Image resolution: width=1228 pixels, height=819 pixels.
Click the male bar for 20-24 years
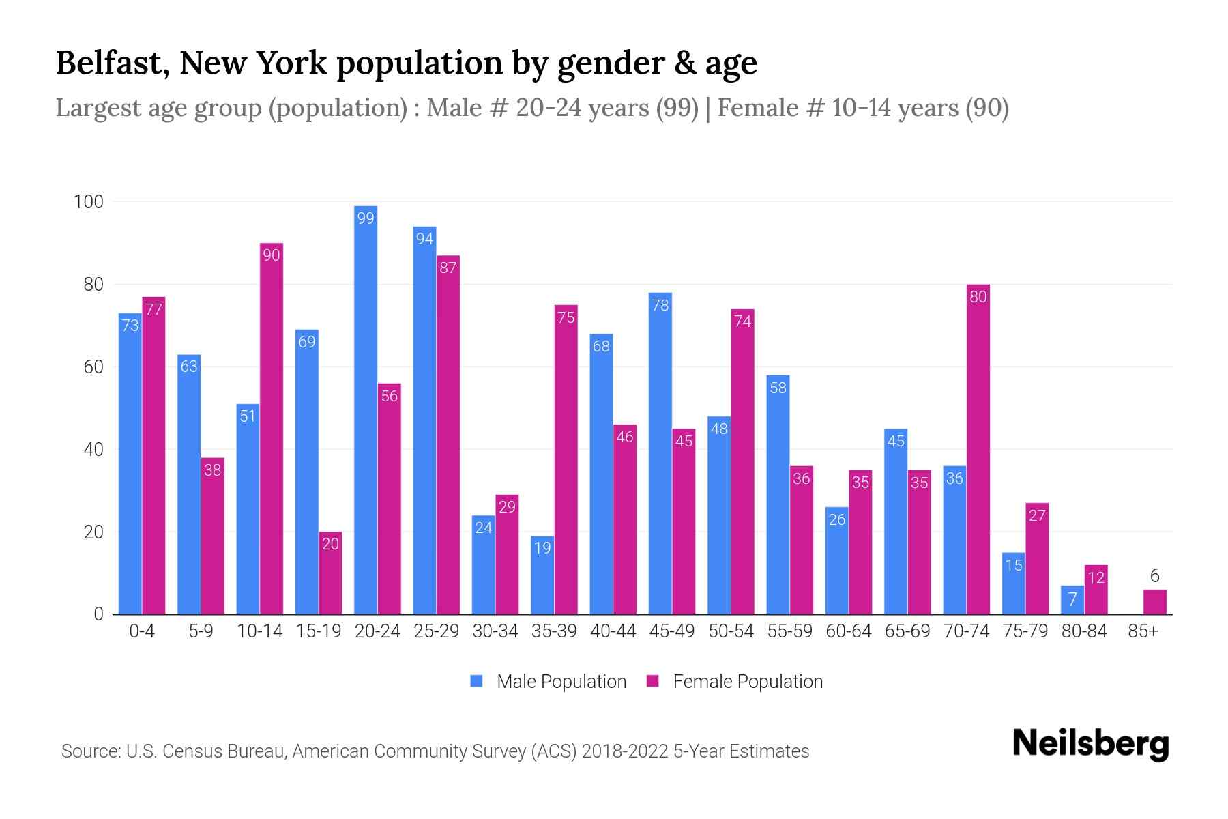click(x=366, y=409)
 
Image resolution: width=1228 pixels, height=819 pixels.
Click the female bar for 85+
click(x=1154, y=602)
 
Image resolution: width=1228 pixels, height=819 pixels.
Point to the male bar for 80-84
click(x=1072, y=600)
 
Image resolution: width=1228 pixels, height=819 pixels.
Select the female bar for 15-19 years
click(x=330, y=573)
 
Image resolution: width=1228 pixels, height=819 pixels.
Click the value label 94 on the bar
click(x=424, y=239)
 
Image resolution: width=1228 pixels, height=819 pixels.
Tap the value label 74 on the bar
click(x=742, y=321)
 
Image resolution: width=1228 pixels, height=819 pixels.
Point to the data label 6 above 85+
click(x=1154, y=576)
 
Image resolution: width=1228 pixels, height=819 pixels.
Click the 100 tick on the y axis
click(x=89, y=202)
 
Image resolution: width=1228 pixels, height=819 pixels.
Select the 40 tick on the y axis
click(x=93, y=450)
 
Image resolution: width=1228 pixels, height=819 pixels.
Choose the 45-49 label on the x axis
click(x=672, y=631)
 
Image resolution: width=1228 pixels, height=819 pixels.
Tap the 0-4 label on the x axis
click(x=142, y=631)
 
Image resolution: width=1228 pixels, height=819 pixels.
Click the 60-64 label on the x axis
click(x=848, y=631)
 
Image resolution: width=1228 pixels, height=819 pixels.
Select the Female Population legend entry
click(x=735, y=682)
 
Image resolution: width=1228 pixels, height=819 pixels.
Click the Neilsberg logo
click(x=1090, y=744)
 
